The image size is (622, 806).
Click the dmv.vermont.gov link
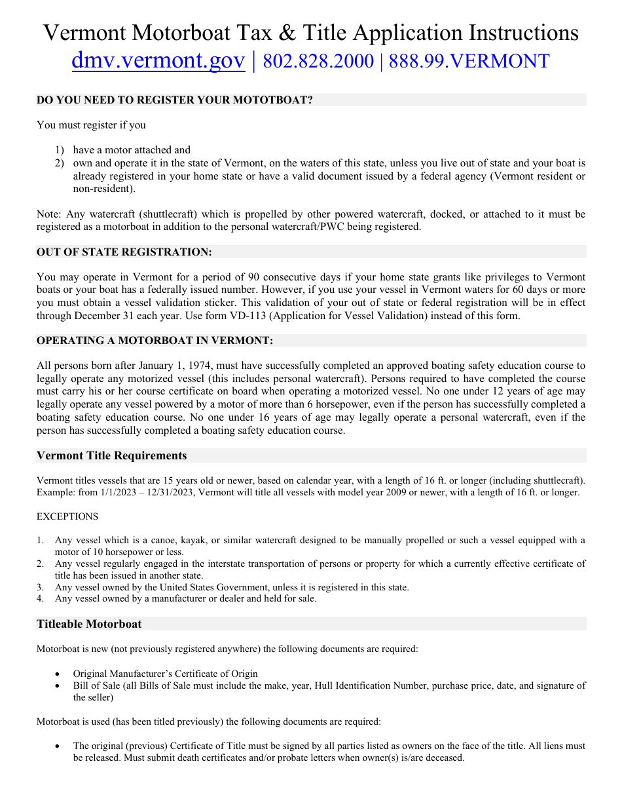point(158,61)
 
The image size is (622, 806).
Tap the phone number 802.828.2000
point(318,61)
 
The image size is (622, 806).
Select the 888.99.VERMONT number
point(469,61)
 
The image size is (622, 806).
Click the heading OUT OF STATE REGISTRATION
point(124,252)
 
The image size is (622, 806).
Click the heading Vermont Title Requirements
point(111,455)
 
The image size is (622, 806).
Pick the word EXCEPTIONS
point(67,516)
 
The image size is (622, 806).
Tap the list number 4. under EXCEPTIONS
point(41,598)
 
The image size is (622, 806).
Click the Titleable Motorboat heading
point(89,624)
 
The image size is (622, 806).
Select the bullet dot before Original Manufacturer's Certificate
point(59,674)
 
